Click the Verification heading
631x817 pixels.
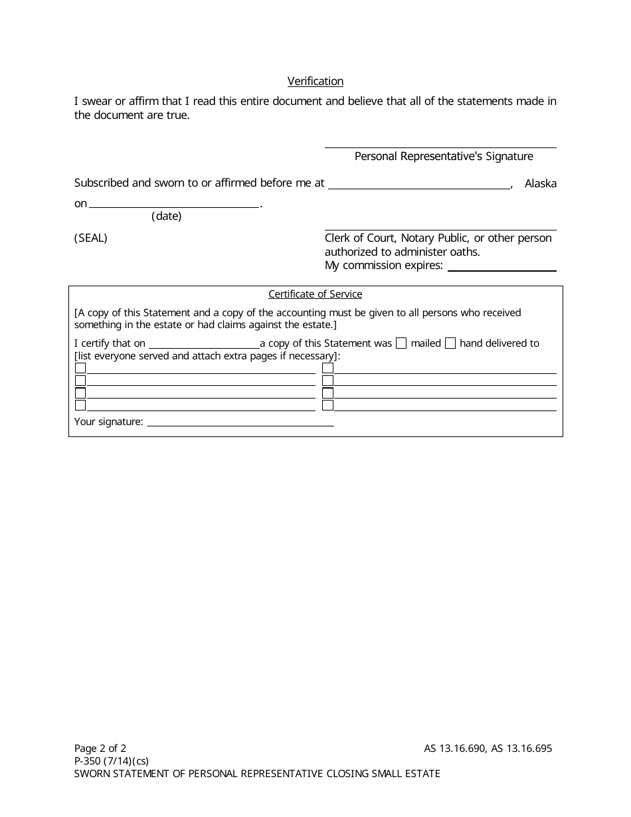315,81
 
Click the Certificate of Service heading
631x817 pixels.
315,294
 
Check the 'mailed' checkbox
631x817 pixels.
401,343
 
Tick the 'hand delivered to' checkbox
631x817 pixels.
450,343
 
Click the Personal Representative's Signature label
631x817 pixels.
444,157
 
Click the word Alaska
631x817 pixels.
540,183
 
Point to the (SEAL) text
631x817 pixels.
90,238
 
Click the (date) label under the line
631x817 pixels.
166,216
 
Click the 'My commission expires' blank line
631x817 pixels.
502,266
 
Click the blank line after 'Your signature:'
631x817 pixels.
240,422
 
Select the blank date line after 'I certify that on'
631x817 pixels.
204,344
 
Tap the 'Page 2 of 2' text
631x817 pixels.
100,749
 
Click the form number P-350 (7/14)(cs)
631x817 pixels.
112,761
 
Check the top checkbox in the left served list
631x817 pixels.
80,368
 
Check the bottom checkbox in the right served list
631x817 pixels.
327,405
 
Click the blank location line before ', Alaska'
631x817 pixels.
419,185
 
